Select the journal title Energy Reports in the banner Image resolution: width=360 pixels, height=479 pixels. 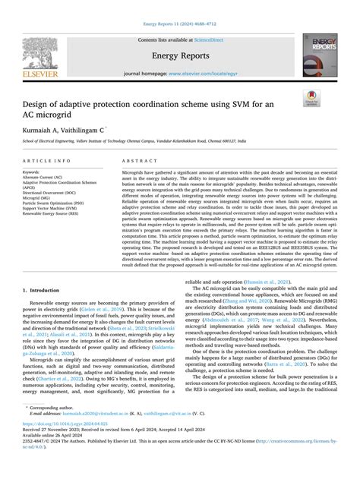tap(179, 55)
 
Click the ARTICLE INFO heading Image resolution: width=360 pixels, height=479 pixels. tap(49, 162)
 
